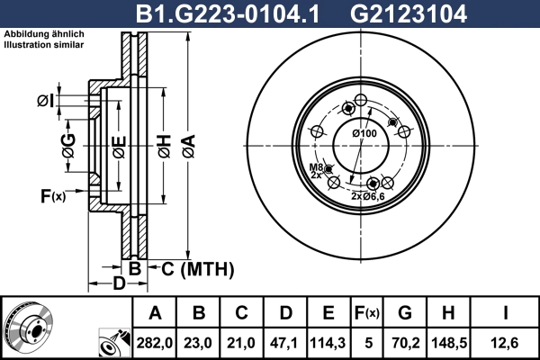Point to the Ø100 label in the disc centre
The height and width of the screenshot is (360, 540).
[364, 134]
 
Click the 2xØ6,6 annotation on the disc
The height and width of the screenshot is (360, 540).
[368, 195]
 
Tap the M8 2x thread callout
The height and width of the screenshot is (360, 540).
[316, 171]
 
